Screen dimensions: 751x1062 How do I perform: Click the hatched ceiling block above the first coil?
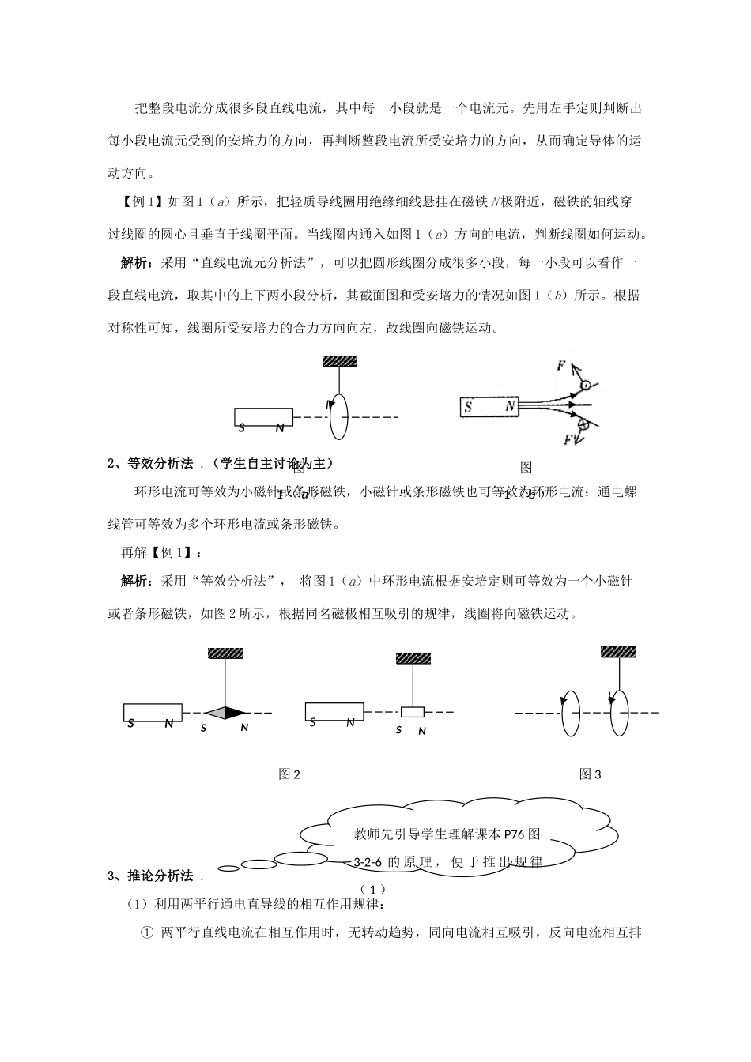pos(339,361)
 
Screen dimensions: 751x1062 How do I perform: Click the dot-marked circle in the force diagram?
pos(586,386)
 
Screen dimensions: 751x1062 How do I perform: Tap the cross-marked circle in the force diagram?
pos(584,425)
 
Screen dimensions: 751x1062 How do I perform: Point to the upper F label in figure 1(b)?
pos(560,366)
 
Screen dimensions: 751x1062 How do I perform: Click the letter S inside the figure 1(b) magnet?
pos(469,408)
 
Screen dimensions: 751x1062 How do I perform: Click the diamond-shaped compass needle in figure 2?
pos(225,713)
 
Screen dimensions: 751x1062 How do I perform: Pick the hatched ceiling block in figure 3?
pos(617,652)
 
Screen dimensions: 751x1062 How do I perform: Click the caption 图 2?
pos(289,774)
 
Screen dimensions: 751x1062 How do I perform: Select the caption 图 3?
pos(591,774)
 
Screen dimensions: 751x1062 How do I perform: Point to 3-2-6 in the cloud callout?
pos(368,861)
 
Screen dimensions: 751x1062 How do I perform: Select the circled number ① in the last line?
pos(146,933)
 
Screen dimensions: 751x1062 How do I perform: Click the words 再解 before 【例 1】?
pos(127,552)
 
